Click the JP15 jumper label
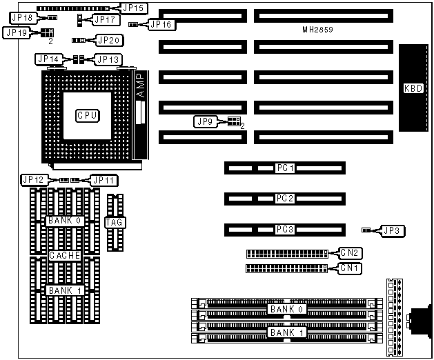(x=132, y=8)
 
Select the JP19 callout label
(x=16, y=32)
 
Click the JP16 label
(x=160, y=25)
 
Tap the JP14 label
(x=49, y=60)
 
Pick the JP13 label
(x=107, y=60)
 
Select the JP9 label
(x=205, y=122)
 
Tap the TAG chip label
(x=114, y=222)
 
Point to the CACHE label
(x=66, y=255)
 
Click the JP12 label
(x=33, y=180)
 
